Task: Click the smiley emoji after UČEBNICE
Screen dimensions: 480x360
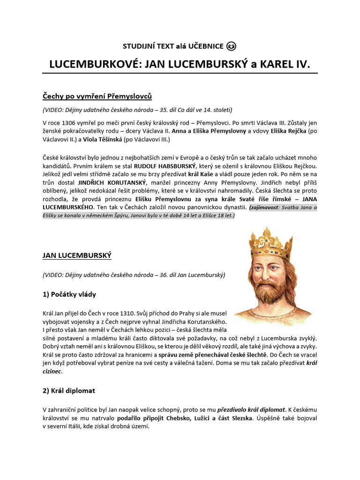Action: [231, 46]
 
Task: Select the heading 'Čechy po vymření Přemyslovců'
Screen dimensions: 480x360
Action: [97, 96]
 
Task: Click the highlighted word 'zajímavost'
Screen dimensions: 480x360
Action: [267, 207]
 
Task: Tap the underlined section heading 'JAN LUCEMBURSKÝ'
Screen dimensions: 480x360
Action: [77, 255]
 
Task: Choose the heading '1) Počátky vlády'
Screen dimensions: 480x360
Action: [69, 294]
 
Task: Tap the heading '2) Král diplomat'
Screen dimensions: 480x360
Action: [69, 390]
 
